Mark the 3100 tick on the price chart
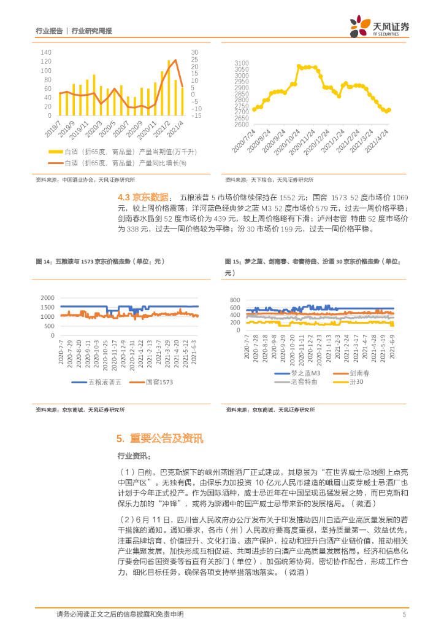[241, 63]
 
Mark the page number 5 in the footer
[404, 614]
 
